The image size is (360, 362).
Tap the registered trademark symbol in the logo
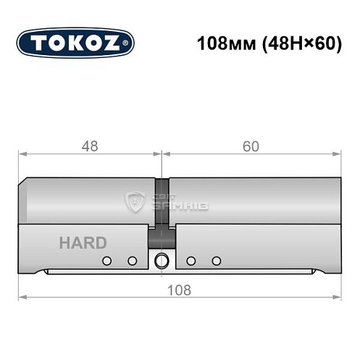tap(127, 43)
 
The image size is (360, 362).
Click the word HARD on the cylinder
tap(83, 243)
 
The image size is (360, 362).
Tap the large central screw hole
tap(162, 261)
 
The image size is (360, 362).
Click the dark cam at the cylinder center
tap(162, 238)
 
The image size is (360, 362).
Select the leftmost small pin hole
tap(107, 261)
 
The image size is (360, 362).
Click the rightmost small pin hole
tap(216, 261)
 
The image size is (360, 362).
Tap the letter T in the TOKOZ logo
tap(39, 43)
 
